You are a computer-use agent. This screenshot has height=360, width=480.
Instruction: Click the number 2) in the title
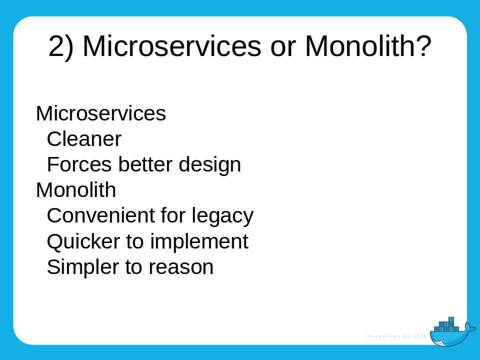[60, 46]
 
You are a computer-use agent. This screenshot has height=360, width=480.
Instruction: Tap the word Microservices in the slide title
[171, 46]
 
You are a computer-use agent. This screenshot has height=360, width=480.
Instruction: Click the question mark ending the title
[423, 46]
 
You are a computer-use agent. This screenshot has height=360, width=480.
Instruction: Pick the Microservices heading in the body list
[100, 113]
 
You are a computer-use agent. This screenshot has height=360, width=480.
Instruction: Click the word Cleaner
[84, 139]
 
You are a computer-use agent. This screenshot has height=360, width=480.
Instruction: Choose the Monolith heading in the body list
[76, 190]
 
